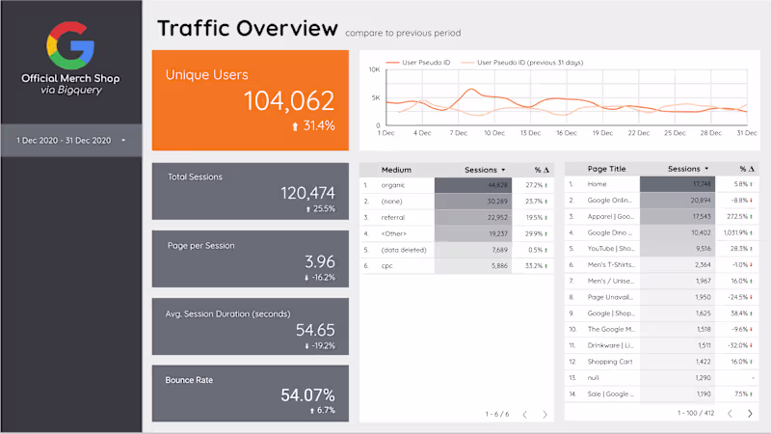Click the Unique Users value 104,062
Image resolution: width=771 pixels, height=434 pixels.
(x=288, y=100)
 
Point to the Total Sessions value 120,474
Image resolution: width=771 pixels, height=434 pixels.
(x=307, y=193)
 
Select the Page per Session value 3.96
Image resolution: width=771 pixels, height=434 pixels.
(x=319, y=261)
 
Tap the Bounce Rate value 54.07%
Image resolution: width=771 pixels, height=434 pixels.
(x=307, y=394)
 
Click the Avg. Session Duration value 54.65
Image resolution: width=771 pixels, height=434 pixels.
(x=313, y=329)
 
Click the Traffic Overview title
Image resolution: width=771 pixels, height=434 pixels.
(x=248, y=28)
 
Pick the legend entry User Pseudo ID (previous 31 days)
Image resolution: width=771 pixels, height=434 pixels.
(x=527, y=63)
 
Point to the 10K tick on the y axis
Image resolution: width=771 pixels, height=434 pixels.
(x=375, y=72)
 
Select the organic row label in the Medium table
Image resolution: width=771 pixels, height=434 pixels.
(x=392, y=184)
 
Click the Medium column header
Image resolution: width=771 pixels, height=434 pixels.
(x=396, y=169)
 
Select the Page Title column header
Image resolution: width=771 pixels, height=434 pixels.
(x=606, y=169)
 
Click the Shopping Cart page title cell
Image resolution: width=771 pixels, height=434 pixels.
(x=609, y=362)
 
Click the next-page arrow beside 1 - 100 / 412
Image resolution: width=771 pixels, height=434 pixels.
(x=751, y=413)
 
